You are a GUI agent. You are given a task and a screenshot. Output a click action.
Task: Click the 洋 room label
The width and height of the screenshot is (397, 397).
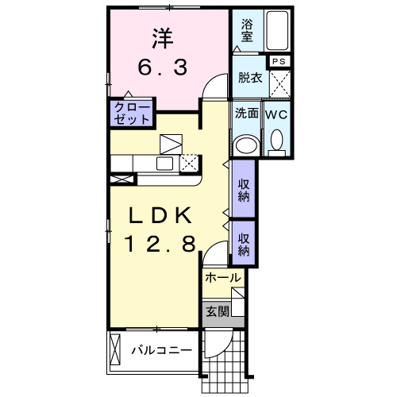click(163, 39)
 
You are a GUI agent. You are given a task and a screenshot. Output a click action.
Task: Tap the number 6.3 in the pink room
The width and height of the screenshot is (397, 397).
click(163, 67)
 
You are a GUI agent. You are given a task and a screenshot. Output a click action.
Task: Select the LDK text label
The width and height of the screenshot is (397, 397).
click(160, 215)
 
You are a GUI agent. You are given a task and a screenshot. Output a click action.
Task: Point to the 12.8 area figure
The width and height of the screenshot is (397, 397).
click(160, 244)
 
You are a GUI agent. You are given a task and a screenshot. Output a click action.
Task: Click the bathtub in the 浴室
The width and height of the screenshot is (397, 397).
click(277, 30)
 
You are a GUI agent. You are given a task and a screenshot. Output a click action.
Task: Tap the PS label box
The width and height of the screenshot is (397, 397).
click(279, 61)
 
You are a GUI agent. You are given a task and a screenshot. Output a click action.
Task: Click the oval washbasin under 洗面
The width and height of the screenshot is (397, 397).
click(247, 145)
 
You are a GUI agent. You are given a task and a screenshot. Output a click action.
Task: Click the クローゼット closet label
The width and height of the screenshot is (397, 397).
click(132, 114)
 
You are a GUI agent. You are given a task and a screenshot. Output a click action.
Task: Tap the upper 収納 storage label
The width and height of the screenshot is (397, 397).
click(244, 191)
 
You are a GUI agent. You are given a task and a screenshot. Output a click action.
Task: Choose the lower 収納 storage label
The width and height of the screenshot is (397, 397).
click(244, 245)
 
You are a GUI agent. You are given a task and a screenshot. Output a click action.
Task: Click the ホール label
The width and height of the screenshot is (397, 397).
click(223, 278)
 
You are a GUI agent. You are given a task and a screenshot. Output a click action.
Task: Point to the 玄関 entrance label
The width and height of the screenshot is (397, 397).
click(218, 311)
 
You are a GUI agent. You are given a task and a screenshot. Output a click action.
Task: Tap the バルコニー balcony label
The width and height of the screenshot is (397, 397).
click(162, 351)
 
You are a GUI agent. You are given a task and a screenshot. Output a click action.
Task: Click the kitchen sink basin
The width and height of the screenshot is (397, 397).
click(164, 164)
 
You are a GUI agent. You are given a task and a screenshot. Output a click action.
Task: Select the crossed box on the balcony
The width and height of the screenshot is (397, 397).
click(115, 349)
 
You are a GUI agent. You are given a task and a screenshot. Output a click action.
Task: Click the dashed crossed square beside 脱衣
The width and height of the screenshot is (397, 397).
click(280, 83)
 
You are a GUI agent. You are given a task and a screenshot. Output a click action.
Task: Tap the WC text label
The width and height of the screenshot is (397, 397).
click(276, 114)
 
